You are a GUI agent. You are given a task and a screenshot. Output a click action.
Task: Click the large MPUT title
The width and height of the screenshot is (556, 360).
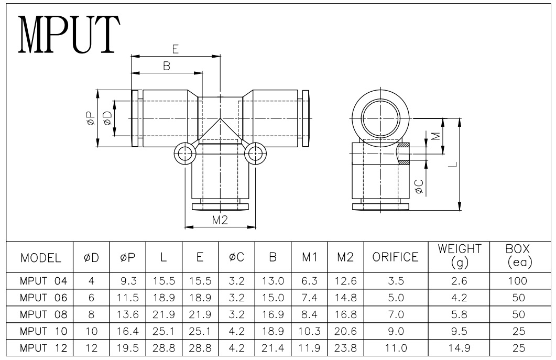click(x=69, y=35)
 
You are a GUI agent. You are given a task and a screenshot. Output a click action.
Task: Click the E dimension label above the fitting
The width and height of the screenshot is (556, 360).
click(x=176, y=49)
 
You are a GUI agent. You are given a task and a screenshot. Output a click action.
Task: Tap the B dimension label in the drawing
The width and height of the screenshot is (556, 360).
click(x=167, y=66)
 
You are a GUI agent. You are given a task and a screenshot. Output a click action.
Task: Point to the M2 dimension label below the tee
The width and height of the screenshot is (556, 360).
click(x=220, y=220)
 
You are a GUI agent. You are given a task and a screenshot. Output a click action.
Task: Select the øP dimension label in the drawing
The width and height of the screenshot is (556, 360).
click(x=91, y=118)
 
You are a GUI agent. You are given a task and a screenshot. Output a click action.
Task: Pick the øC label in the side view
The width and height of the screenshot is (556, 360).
click(x=419, y=187)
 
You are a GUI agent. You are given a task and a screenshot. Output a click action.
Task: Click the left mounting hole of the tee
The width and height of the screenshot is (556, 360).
click(x=185, y=154)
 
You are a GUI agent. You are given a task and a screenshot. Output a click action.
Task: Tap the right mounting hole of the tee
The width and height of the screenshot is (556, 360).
click(x=255, y=154)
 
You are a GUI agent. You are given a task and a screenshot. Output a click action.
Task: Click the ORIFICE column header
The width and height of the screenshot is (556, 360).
click(x=395, y=257)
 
